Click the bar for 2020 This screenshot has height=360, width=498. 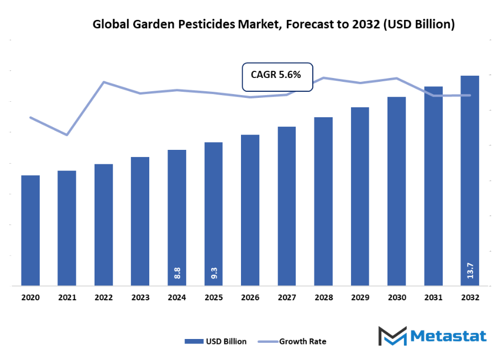(x=30, y=231)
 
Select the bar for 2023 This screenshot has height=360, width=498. (x=140, y=221)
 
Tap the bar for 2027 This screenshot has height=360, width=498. (x=287, y=206)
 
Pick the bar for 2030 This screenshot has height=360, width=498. (x=396, y=191)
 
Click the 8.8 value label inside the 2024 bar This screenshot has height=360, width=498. (x=177, y=273)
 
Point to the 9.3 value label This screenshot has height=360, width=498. (x=214, y=273)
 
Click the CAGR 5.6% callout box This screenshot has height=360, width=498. (x=277, y=76)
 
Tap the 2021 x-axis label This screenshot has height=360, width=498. (x=67, y=298)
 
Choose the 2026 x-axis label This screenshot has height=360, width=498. (x=250, y=298)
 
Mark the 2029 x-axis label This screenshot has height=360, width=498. (x=360, y=298)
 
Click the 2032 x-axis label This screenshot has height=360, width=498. (x=470, y=298)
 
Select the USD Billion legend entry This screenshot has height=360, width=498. (x=216, y=341)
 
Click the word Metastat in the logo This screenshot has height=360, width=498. (x=449, y=336)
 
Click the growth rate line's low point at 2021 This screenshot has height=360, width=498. (x=67, y=135)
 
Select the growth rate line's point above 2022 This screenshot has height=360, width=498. (x=104, y=82)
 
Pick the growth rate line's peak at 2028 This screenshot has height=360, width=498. (x=323, y=77)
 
